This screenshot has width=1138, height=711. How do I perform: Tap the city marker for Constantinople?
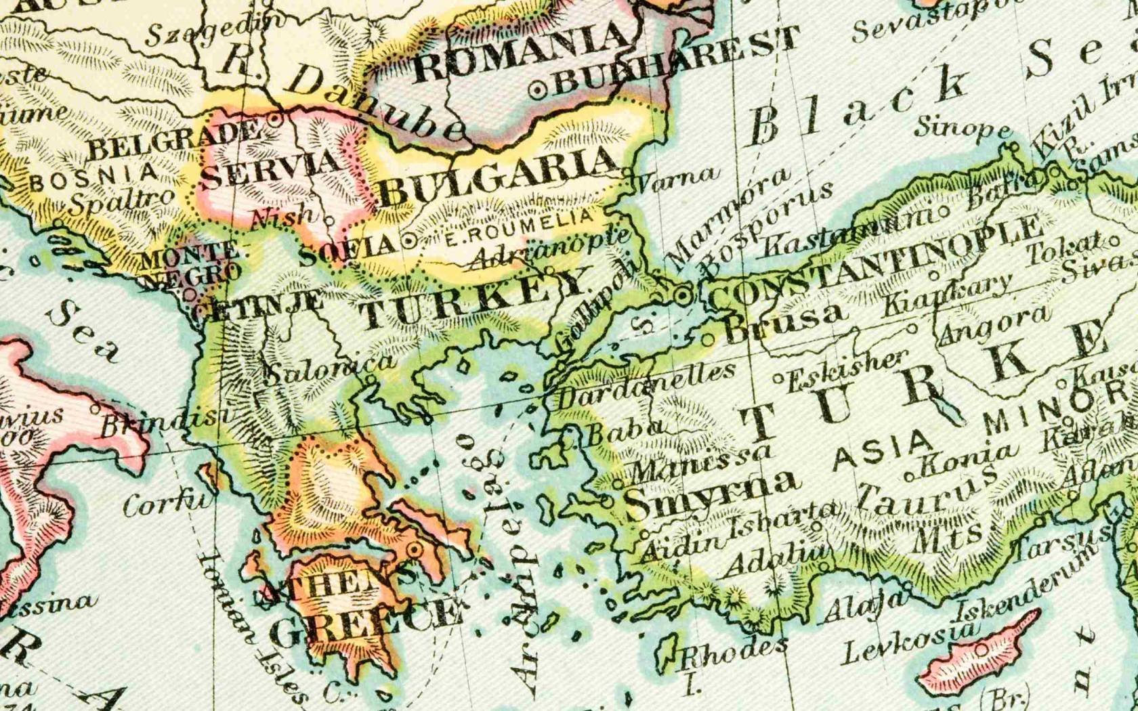(683, 295)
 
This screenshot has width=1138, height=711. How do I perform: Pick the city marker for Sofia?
(408, 240)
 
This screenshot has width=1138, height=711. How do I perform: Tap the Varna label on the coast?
(675, 177)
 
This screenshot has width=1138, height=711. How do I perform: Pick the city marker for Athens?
(414, 549)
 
